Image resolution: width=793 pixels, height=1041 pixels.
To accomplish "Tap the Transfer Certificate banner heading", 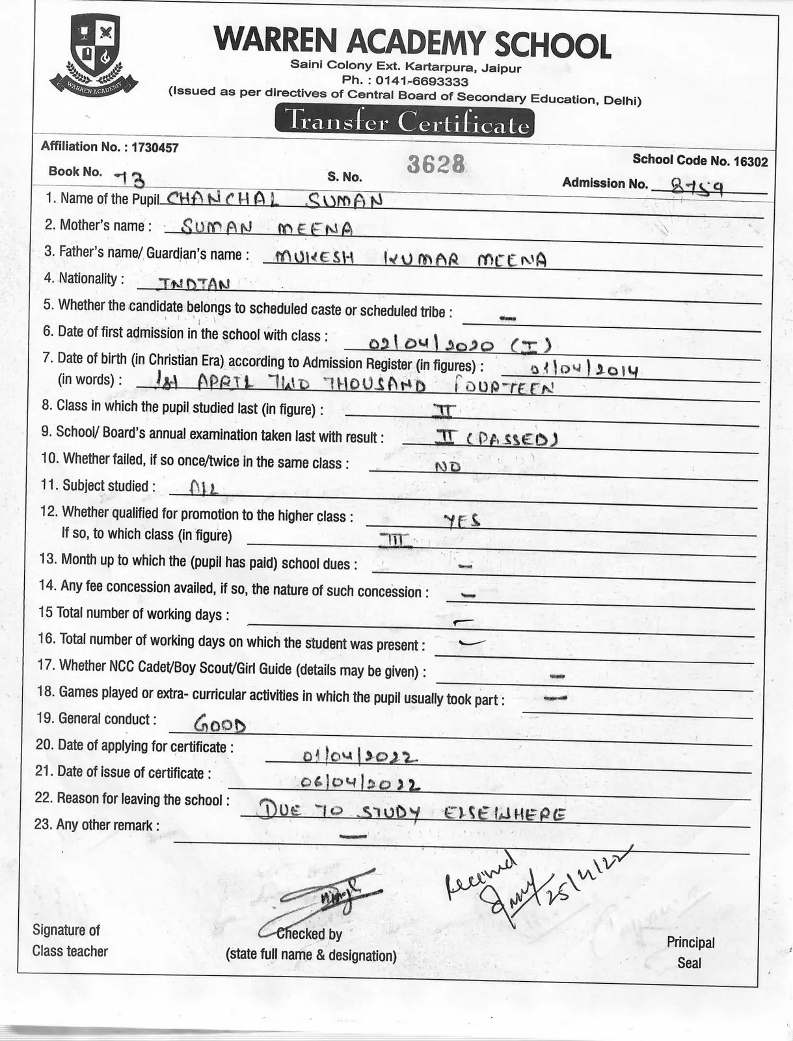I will tap(404, 122).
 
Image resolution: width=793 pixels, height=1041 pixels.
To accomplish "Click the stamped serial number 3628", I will tap(436, 165).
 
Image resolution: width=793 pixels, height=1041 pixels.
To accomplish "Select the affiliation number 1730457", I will tap(155, 147).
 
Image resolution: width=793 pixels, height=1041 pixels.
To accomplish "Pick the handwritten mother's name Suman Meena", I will tap(267, 228).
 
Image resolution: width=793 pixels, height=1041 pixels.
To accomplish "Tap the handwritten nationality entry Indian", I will tap(185, 284).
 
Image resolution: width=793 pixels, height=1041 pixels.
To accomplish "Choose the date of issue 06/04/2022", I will tap(360, 783).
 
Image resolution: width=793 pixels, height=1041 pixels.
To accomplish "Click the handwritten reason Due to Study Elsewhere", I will tap(410, 813).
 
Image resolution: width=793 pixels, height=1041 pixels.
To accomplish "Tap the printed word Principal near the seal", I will tap(690, 942).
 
